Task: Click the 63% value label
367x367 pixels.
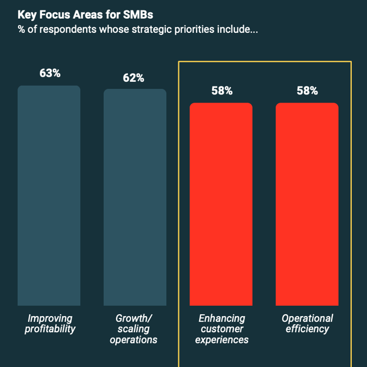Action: click(x=49, y=73)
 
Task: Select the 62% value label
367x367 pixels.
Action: click(x=134, y=78)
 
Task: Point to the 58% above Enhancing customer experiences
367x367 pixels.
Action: click(x=221, y=91)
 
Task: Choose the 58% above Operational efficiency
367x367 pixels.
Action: click(x=307, y=91)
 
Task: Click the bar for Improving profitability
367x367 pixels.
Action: click(x=49, y=196)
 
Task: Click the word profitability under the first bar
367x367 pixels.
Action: click(x=50, y=329)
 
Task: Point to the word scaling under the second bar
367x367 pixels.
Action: click(x=133, y=329)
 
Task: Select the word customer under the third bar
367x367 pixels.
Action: click(x=222, y=329)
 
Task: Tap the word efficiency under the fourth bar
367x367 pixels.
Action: click(x=307, y=329)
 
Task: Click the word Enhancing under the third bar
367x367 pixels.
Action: click(x=222, y=319)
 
